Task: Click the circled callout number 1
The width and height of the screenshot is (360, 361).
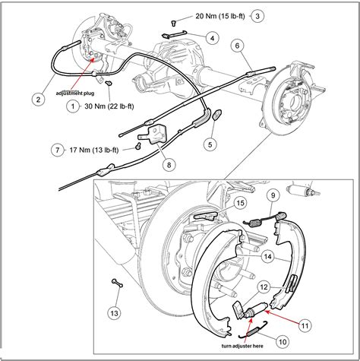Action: click(72, 107)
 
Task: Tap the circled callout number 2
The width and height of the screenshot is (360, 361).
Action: click(36, 97)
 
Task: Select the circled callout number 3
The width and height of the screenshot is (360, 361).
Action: click(258, 15)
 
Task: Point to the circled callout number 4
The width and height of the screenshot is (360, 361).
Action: click(212, 38)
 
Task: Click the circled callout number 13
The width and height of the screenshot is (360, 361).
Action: click(114, 313)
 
